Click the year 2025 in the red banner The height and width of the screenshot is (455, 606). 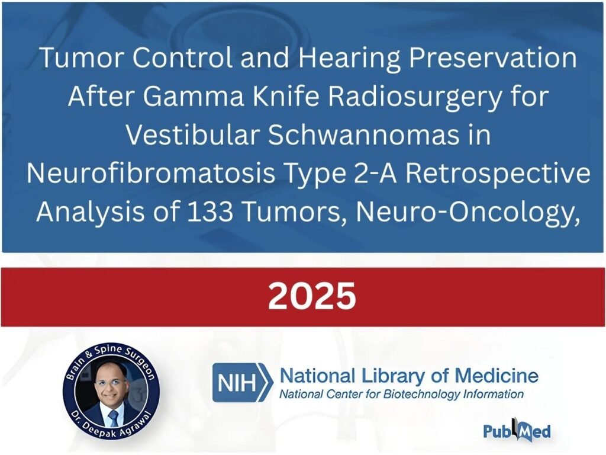pyautogui.click(x=312, y=296)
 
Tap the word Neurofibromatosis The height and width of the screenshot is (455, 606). pyautogui.click(x=151, y=174)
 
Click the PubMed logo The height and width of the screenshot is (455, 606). pyautogui.click(x=517, y=430)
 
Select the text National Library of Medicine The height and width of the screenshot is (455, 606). pyautogui.click(x=408, y=375)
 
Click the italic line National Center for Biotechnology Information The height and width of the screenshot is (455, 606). pyautogui.click(x=401, y=395)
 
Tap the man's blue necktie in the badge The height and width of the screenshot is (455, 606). pyautogui.click(x=113, y=418)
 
